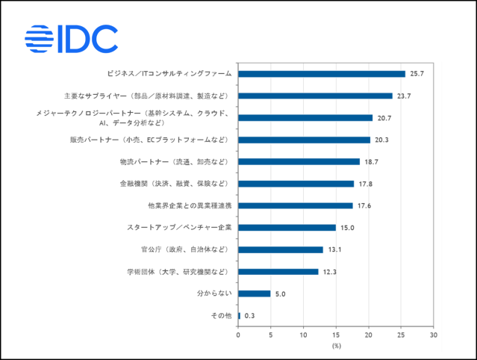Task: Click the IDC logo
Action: click(x=71, y=39)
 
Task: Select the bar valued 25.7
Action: click(x=322, y=74)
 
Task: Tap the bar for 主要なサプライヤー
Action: click(x=315, y=96)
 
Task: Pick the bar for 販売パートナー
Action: click(x=304, y=140)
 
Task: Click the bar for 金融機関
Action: click(x=296, y=184)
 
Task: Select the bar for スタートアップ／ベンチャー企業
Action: click(x=287, y=228)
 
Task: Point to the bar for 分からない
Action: click(x=254, y=294)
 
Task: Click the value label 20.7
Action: click(x=384, y=118)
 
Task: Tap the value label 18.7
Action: click(x=371, y=162)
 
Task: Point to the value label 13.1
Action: click(x=334, y=250)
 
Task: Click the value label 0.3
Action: click(x=250, y=316)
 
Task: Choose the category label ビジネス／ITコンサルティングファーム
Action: click(x=169, y=74)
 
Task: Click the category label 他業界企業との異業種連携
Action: click(x=190, y=206)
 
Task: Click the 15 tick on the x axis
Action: click(x=336, y=335)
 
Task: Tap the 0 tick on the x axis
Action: click(x=238, y=335)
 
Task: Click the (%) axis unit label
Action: click(x=336, y=345)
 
